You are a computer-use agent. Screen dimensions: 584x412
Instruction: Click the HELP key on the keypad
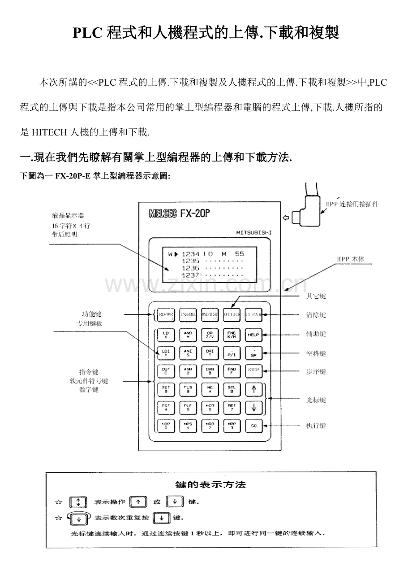coord(254,335)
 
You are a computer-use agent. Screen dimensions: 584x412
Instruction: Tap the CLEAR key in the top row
coord(254,315)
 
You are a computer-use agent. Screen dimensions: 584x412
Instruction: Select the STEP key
coord(254,370)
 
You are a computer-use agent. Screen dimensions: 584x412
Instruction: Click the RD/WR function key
coord(166,315)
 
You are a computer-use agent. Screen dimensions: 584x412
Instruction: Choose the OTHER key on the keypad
coord(232,315)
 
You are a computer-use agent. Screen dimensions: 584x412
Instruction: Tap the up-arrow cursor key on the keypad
coord(254,389)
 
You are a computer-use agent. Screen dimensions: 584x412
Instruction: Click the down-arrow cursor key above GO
coord(254,408)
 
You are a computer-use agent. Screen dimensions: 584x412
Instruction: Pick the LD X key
coord(166,335)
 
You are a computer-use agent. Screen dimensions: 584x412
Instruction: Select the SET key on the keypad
coord(166,389)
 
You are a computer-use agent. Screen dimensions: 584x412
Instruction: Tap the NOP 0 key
coord(166,426)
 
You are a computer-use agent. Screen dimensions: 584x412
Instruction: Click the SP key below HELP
coord(254,353)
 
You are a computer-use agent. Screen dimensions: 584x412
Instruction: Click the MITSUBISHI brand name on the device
coord(253,232)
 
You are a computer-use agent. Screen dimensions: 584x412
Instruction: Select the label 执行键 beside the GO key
coord(316,425)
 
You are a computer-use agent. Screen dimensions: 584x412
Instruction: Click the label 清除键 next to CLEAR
coord(316,315)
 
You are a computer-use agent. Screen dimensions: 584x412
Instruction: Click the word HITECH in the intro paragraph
coord(49,132)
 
